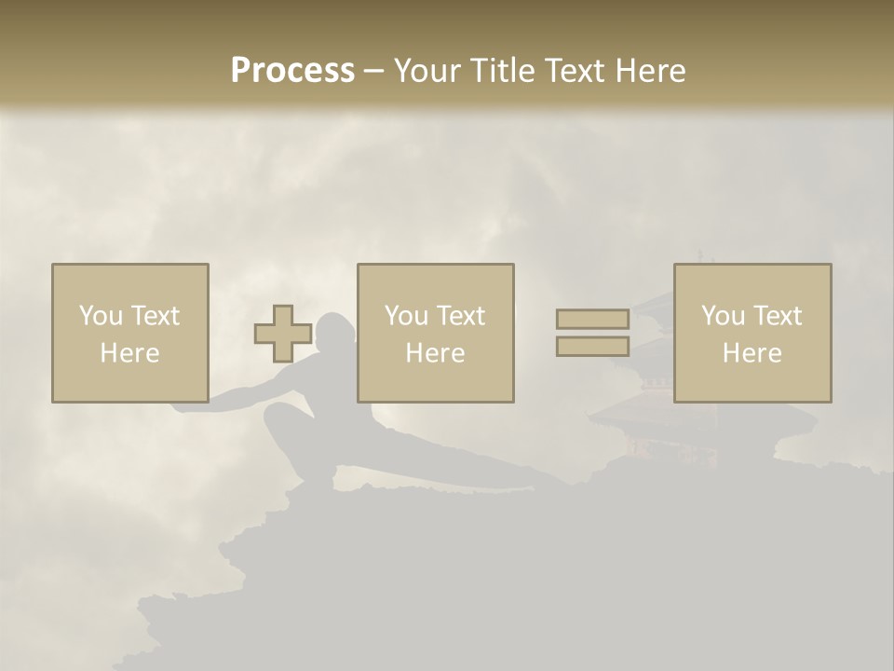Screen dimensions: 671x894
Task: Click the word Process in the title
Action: (292, 71)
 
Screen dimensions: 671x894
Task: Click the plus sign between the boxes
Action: (283, 334)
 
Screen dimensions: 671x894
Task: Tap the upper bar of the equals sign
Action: (592, 320)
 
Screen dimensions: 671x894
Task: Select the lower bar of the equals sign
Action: (592, 346)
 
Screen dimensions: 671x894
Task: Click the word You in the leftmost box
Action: (100, 316)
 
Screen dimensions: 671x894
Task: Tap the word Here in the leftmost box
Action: (129, 353)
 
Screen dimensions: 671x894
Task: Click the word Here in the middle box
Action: (435, 353)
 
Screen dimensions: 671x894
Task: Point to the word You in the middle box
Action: (405, 316)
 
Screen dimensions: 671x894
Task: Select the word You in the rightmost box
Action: (722, 316)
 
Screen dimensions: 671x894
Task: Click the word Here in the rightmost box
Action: (752, 353)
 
